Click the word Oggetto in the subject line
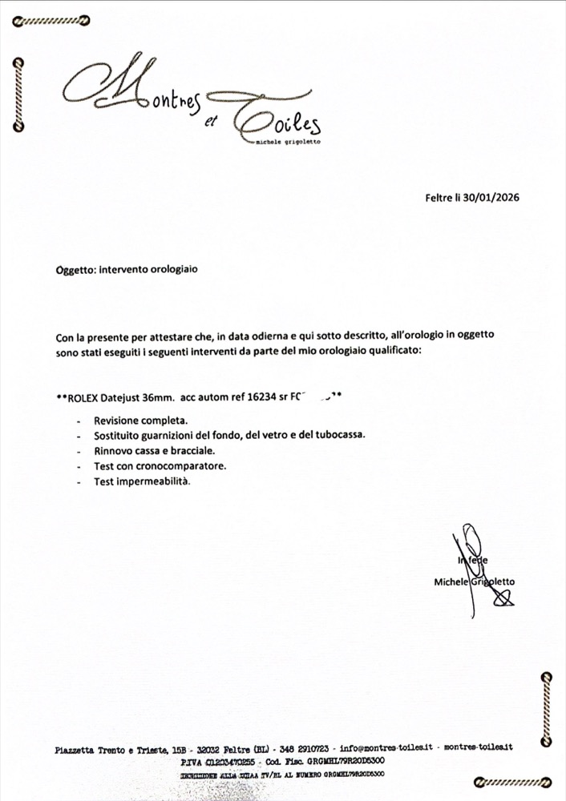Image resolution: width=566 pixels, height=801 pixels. (x=75, y=270)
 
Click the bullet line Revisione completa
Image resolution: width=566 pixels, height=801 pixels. (x=140, y=421)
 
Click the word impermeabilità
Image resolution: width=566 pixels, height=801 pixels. (x=156, y=481)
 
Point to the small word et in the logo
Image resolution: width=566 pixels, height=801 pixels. (x=212, y=121)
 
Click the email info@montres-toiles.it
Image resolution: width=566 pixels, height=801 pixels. (x=388, y=747)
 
